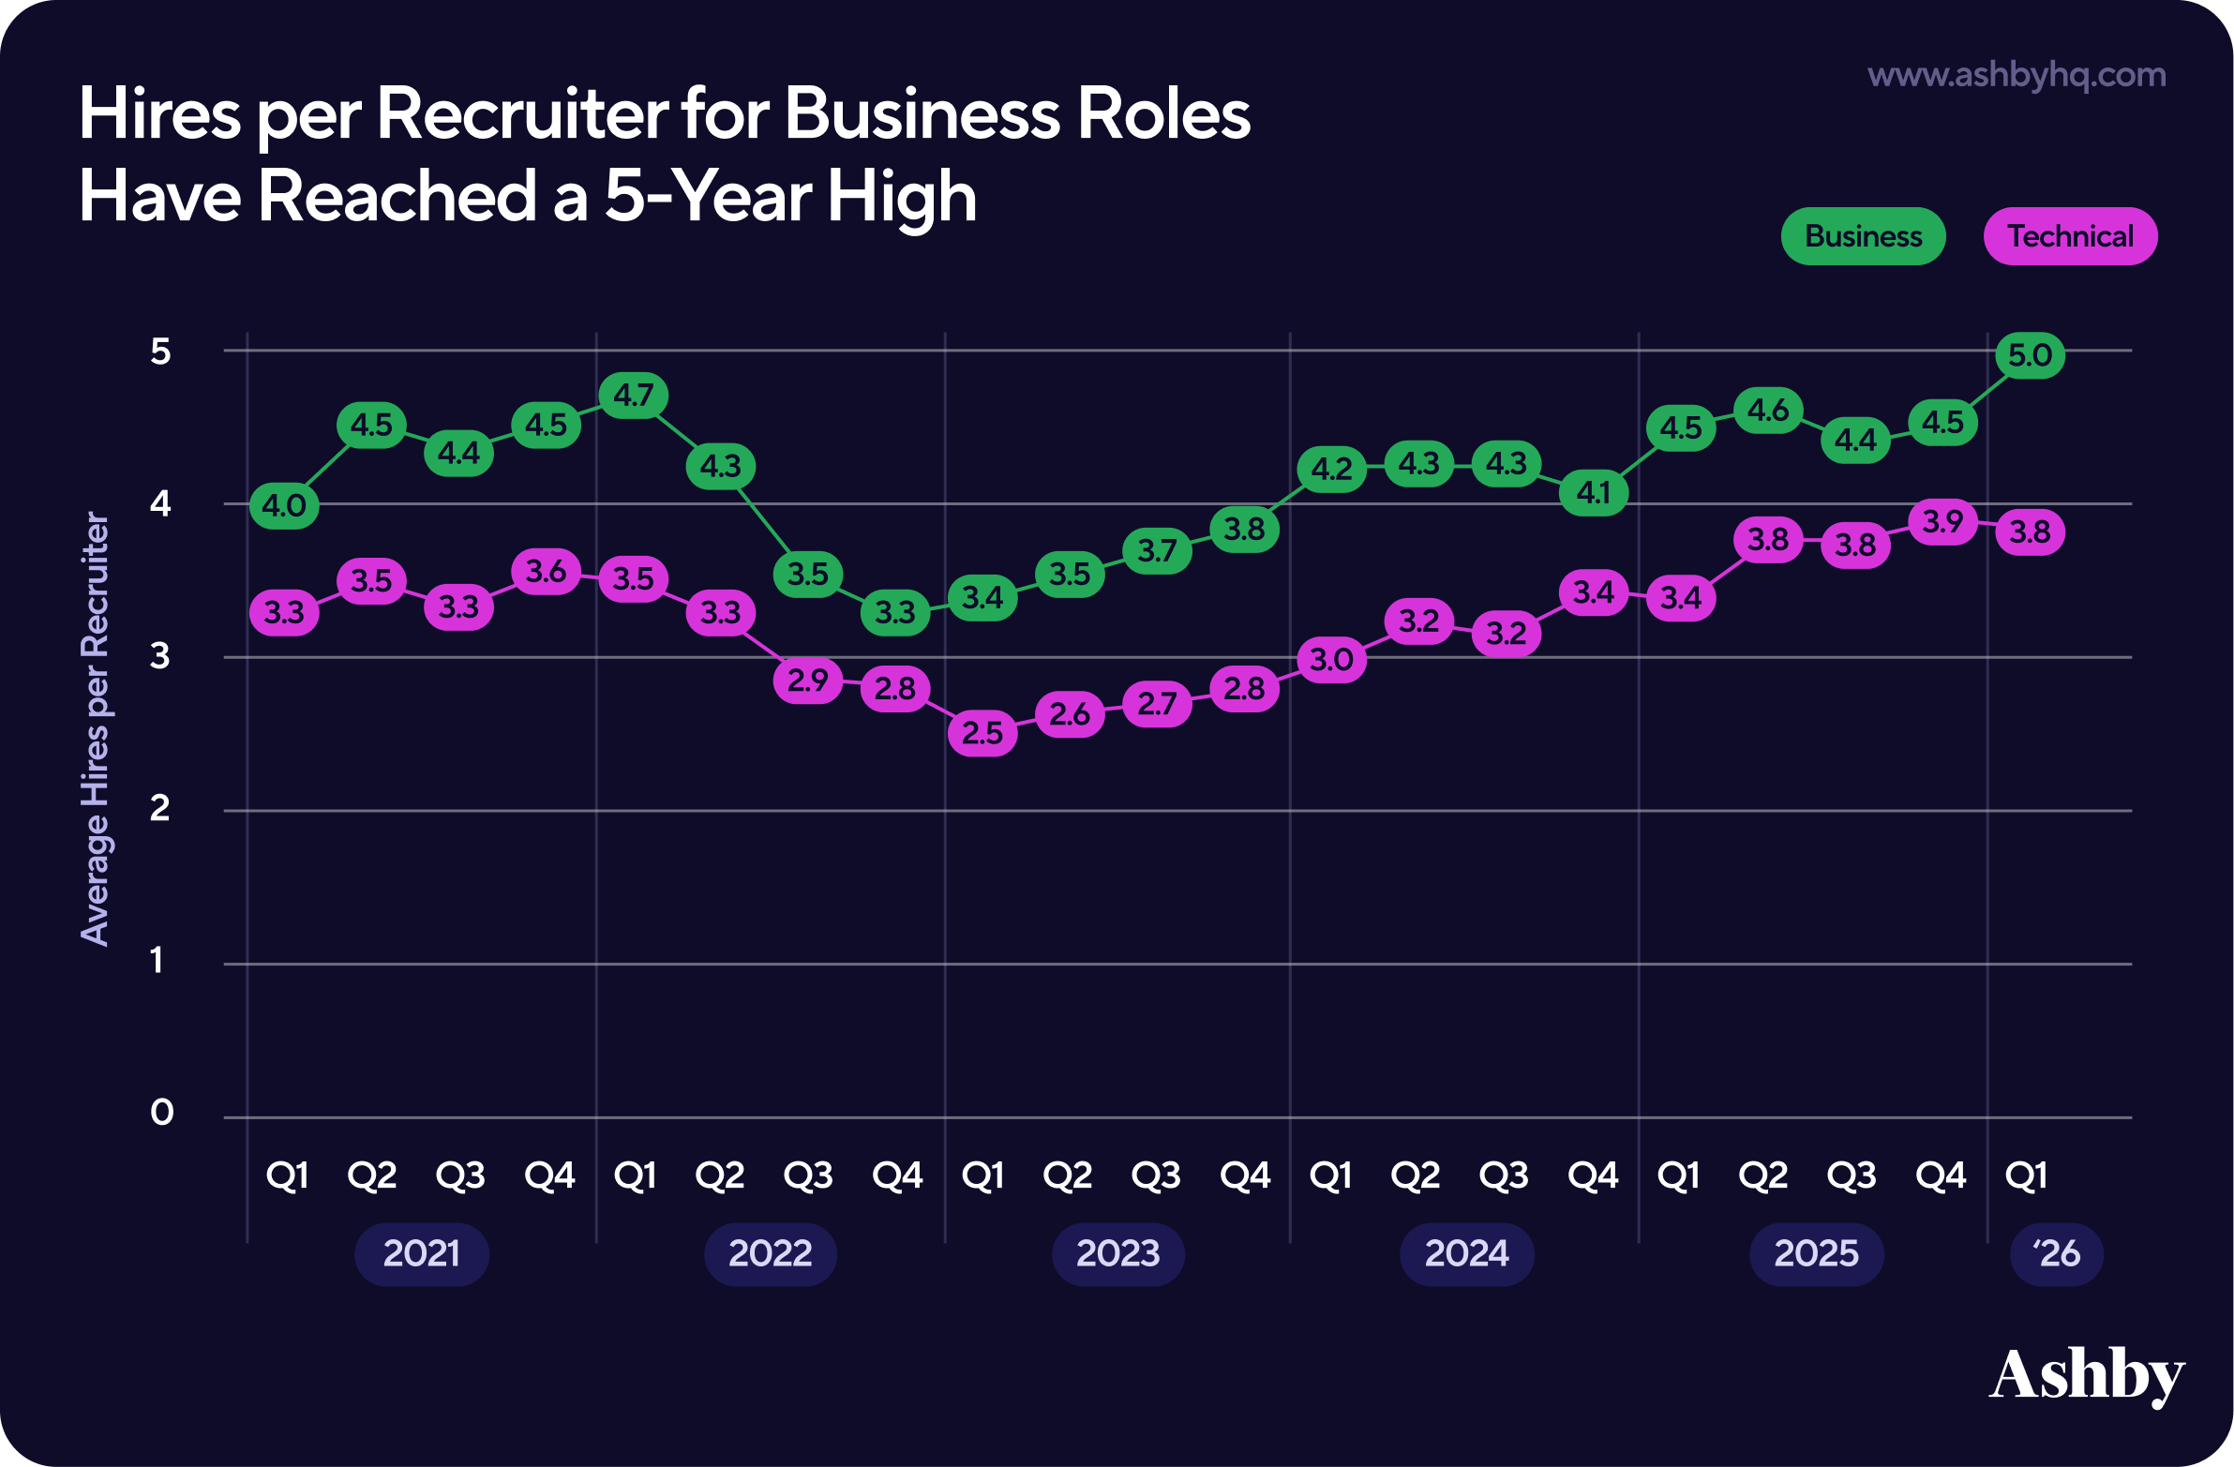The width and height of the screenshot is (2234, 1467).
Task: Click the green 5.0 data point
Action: (2030, 355)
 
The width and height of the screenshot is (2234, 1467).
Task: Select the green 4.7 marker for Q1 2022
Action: (634, 396)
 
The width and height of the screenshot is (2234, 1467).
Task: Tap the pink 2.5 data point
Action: (982, 733)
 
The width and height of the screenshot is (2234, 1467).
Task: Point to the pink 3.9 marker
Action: (1942, 522)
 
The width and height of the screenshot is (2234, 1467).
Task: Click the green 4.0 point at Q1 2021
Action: (284, 506)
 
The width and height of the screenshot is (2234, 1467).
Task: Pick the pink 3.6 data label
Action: (547, 571)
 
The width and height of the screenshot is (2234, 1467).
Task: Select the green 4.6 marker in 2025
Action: (1767, 411)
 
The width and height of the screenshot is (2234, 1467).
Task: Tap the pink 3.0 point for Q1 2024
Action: (1331, 660)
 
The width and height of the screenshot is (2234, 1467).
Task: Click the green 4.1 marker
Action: (1593, 492)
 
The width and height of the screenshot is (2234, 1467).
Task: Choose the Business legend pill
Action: (1863, 236)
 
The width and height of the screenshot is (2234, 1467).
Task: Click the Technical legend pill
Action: (2070, 236)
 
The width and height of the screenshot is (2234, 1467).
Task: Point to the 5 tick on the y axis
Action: (160, 352)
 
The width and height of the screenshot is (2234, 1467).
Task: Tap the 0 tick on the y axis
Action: (161, 1113)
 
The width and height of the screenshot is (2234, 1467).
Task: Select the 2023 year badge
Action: (1117, 1253)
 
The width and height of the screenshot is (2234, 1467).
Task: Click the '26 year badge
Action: (2056, 1253)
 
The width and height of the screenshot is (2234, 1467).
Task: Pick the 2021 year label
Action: (422, 1253)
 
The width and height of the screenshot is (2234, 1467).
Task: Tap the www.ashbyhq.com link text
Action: (2017, 74)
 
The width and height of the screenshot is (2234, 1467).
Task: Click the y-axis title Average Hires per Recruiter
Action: (95, 727)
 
